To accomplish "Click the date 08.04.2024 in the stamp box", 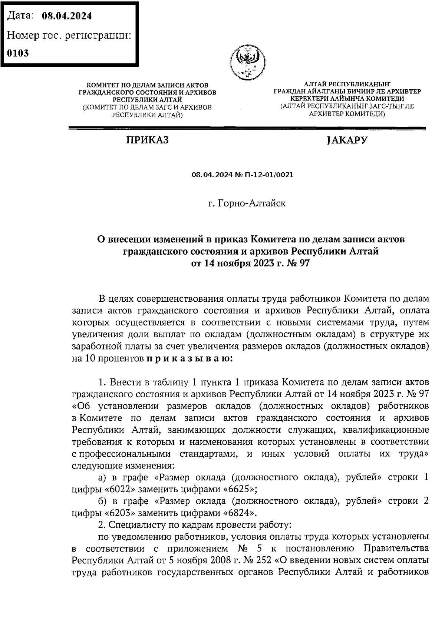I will point(67,16).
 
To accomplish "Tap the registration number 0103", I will point(18,53).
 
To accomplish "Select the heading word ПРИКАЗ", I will point(147,140).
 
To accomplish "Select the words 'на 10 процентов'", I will point(108,358).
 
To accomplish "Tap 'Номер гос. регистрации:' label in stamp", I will point(69,35).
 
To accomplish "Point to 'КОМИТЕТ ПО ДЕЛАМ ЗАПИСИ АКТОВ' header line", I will point(147,86).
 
